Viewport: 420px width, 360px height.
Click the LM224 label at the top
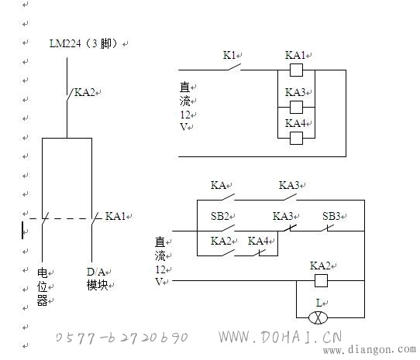click(x=65, y=43)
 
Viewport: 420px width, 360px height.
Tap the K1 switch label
click(x=229, y=55)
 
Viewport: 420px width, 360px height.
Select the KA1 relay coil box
click(x=297, y=70)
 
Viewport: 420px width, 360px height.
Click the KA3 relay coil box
click(x=297, y=108)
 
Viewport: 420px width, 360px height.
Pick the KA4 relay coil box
click(x=297, y=138)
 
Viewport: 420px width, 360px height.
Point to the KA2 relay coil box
click(x=321, y=281)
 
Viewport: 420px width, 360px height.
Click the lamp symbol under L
click(x=318, y=317)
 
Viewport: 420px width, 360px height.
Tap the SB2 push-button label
click(x=219, y=216)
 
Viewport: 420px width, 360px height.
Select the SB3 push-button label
click(x=332, y=216)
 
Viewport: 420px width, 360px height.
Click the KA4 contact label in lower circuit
click(x=258, y=241)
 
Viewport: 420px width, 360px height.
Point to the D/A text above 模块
click(x=95, y=272)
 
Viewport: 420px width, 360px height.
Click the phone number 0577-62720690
click(x=122, y=338)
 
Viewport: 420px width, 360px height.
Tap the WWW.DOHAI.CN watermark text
click(x=281, y=337)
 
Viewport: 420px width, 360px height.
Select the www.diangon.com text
click(x=370, y=349)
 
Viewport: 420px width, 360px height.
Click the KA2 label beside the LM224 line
click(x=84, y=92)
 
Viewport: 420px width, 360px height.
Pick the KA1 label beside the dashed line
click(x=115, y=216)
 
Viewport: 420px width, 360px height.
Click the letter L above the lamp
click(x=318, y=303)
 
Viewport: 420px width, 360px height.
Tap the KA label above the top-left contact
click(x=218, y=185)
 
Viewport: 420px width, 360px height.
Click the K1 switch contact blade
click(x=235, y=67)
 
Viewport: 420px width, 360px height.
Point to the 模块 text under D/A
click(x=97, y=286)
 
